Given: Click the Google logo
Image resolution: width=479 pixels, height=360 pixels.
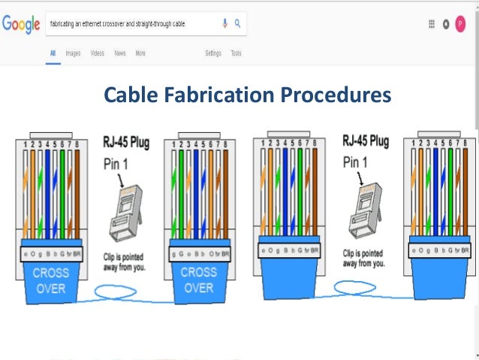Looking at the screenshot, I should point(21,24).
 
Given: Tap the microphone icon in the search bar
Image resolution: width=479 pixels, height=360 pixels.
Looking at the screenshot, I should point(224,23).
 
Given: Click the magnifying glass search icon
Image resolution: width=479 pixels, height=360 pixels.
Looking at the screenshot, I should point(237,23).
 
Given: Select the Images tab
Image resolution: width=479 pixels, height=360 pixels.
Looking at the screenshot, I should point(73,53).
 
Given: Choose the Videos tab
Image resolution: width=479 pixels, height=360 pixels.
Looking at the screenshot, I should point(97,53).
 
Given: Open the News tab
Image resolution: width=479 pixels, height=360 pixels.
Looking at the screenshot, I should point(120,53).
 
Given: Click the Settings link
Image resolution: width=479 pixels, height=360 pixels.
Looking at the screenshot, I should point(213,53).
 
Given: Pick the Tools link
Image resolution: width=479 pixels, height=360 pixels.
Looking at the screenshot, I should point(236,53).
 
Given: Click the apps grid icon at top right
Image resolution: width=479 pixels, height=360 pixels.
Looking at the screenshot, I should point(432,24).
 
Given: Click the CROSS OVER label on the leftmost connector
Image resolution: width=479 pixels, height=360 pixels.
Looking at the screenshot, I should point(50,280).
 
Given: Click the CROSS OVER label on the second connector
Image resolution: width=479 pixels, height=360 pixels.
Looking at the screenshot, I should point(199,280).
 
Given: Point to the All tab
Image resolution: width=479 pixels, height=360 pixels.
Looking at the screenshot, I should point(53,53).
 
